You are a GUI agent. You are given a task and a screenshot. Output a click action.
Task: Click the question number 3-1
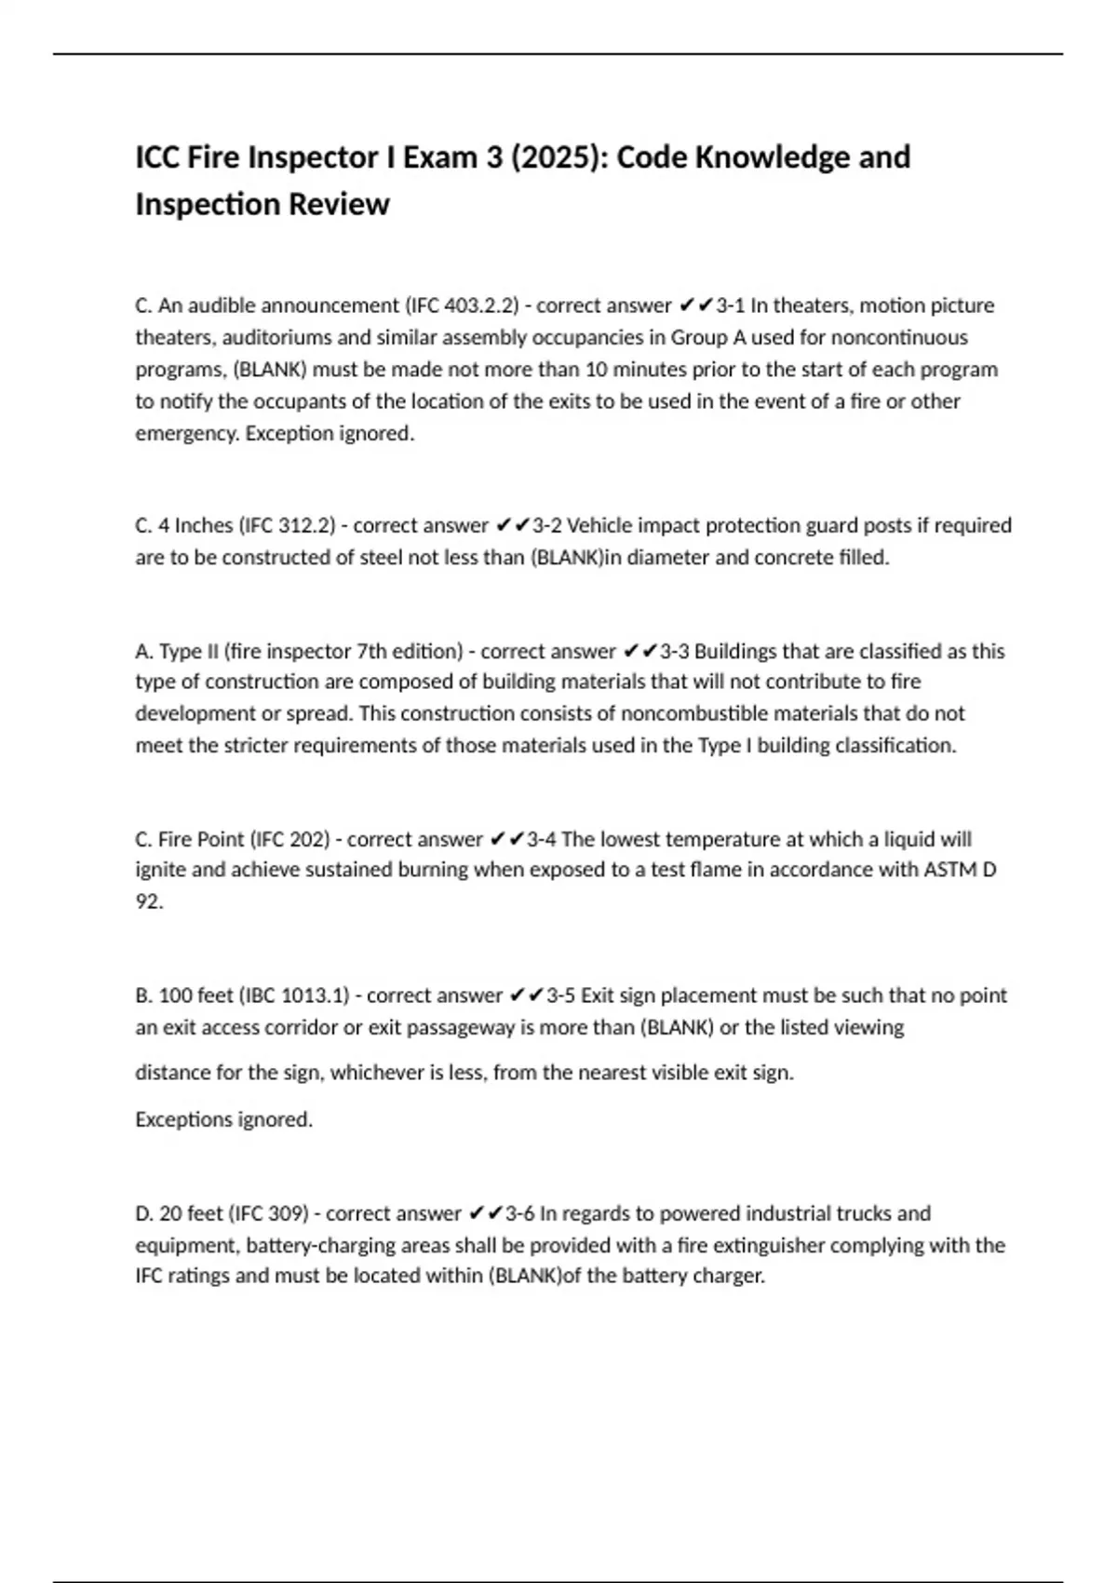[730, 305]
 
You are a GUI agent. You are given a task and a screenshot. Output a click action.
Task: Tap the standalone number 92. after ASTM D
[149, 901]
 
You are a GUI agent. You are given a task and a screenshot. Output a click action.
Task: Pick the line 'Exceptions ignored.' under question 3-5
[223, 1119]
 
